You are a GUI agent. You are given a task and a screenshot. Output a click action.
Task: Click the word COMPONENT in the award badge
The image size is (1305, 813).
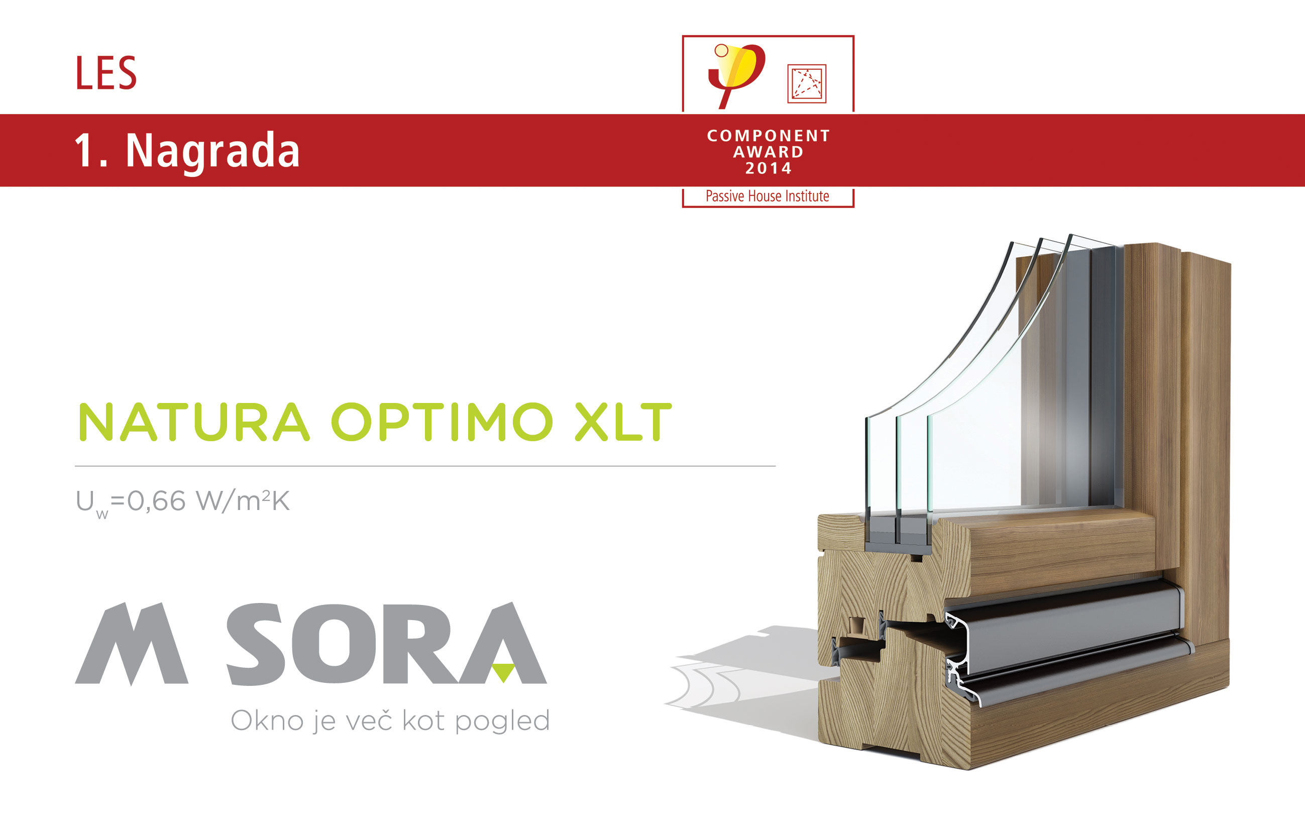769,136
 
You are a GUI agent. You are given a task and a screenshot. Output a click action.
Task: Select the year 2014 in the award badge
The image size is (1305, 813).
769,168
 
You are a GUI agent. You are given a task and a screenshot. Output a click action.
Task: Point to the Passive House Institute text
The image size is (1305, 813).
768,196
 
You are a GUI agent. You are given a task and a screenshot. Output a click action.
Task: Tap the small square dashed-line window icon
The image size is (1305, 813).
807,83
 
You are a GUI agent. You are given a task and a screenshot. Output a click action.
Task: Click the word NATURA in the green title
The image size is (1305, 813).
194,422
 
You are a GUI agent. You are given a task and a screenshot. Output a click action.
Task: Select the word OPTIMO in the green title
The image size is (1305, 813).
442,422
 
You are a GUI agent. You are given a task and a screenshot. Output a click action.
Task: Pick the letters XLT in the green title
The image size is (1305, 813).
623,422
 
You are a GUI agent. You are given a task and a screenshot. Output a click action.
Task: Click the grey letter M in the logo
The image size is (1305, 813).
132,644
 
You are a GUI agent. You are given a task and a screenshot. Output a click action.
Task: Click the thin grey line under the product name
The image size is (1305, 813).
425,466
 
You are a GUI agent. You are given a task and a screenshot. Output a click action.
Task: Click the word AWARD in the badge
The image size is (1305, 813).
769,152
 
